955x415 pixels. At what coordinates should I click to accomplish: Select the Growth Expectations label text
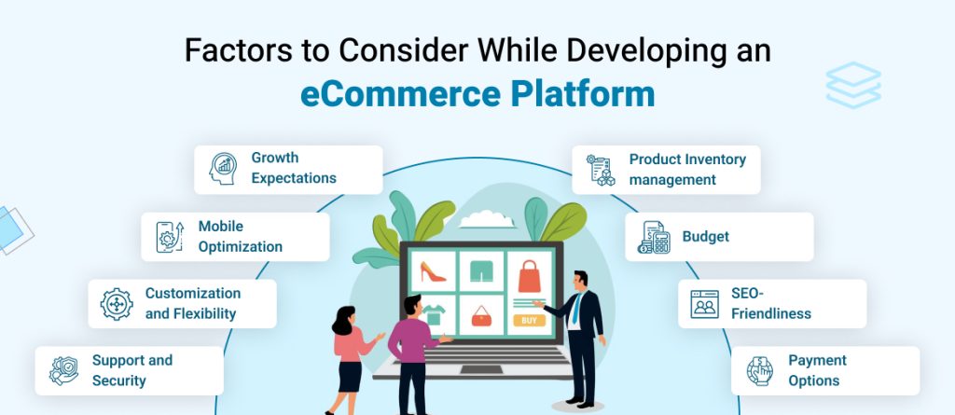[x=293, y=168]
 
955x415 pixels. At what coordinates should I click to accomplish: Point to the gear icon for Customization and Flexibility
[x=117, y=304]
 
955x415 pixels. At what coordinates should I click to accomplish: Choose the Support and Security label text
[x=131, y=370]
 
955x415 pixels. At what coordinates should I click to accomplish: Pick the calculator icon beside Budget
[x=654, y=238]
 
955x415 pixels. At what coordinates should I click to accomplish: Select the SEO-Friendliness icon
[x=704, y=304]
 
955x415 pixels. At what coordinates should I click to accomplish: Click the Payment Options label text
[x=818, y=370]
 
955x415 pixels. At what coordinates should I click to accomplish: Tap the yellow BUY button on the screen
[x=529, y=321]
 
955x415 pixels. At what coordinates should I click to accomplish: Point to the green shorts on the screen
[x=480, y=272]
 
